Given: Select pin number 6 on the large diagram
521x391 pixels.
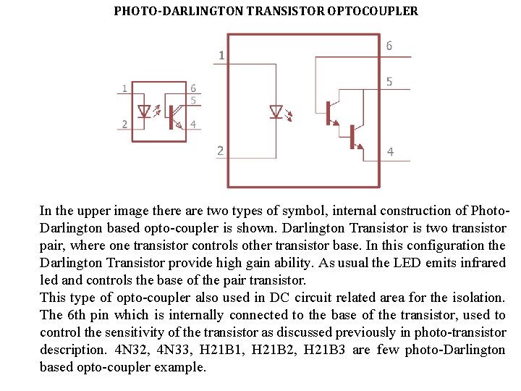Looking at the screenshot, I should point(389,46).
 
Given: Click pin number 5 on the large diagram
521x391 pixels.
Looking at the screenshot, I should point(389,82).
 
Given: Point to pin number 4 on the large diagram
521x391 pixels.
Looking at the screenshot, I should point(390,152).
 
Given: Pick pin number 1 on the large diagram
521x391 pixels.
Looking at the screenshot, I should point(221,55).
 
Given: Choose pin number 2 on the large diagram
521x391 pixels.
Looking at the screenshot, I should point(220,151).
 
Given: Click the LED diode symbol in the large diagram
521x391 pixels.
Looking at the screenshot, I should point(276,112).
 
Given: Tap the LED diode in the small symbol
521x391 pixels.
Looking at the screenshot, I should point(144,112).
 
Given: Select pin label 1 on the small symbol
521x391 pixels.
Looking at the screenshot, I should point(124,88).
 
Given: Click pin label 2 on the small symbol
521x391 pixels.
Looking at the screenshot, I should point(124,124).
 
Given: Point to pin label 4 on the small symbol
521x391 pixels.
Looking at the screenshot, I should point(192,124).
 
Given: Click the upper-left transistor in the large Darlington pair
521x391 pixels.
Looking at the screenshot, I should point(332,112).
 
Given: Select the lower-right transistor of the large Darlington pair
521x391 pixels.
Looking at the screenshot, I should point(355,136).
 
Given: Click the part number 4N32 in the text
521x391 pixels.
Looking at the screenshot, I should point(132,350).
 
